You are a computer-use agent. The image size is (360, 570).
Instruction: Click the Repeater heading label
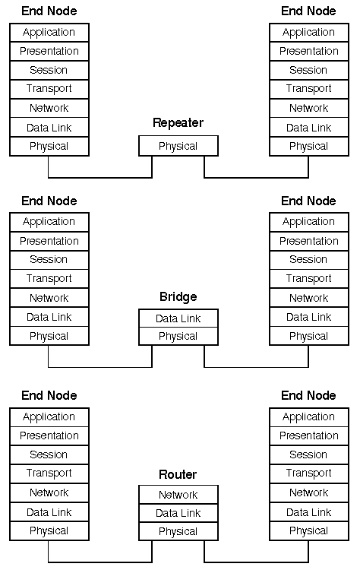click(178, 123)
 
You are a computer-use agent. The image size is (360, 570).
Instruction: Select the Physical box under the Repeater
click(178, 146)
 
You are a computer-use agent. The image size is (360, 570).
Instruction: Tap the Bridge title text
click(178, 296)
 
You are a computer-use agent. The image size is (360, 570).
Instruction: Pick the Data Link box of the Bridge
click(178, 318)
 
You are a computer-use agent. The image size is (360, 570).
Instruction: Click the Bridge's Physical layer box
click(178, 336)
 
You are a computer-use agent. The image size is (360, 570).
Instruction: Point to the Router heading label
click(178, 474)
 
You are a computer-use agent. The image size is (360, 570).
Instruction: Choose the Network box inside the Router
click(178, 495)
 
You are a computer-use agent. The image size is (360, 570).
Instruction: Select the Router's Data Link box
click(178, 513)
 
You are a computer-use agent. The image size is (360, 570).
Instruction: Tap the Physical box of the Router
click(178, 531)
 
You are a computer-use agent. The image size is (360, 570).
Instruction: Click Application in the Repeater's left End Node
click(49, 33)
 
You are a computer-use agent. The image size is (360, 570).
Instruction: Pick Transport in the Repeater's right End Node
click(309, 89)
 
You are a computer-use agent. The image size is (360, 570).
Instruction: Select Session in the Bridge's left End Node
click(49, 260)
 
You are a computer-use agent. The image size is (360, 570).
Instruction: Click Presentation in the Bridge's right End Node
click(309, 241)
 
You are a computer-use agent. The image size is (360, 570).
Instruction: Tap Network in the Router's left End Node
click(49, 492)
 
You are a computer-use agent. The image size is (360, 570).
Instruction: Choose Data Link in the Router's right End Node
click(309, 512)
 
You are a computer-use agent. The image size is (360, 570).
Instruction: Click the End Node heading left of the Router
click(49, 395)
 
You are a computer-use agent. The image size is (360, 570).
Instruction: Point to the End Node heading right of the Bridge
click(309, 201)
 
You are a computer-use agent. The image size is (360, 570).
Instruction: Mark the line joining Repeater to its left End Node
click(100, 178)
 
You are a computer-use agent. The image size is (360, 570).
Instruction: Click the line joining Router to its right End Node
click(257, 562)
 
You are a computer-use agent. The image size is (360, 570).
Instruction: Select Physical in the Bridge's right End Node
click(309, 336)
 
